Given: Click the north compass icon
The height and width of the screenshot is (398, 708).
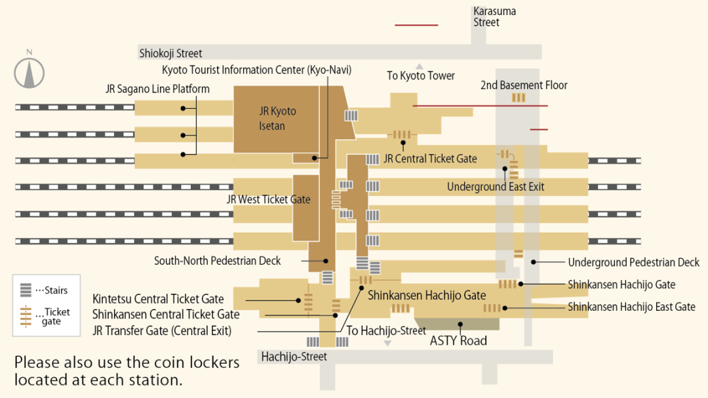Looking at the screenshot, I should click(x=29, y=72).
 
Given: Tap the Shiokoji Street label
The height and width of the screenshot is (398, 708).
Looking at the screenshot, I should click(x=170, y=53).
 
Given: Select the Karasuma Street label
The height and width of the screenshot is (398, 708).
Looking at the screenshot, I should click(x=494, y=17).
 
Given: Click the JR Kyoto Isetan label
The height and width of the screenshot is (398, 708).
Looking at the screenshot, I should click(x=277, y=119).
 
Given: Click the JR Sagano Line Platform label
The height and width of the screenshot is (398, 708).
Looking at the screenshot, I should click(x=157, y=89).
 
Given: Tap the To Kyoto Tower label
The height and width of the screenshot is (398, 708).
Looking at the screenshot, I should click(x=420, y=75).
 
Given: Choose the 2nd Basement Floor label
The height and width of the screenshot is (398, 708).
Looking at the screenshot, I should click(x=524, y=85).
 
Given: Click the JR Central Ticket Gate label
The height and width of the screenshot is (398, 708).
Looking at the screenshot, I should click(x=430, y=159).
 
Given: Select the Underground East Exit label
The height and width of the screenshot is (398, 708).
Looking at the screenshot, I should click(x=496, y=187).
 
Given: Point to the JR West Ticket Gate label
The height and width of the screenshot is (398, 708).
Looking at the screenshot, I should click(x=268, y=199).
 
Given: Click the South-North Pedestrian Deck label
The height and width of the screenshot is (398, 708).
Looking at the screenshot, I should click(x=217, y=261).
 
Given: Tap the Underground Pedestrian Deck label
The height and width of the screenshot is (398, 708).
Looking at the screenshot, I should click(x=633, y=262).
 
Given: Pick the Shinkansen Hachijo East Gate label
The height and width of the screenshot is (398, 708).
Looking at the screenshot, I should click(x=631, y=307).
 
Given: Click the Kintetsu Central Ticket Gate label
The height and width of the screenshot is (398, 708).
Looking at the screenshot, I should click(x=158, y=299).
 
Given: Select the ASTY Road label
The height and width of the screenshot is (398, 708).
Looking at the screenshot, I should click(x=458, y=340).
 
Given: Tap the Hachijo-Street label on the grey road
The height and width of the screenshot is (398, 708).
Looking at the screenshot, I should click(x=294, y=357).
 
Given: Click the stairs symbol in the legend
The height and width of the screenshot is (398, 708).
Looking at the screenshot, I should click(x=26, y=290).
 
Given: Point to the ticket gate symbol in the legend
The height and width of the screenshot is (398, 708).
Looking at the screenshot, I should click(x=26, y=316).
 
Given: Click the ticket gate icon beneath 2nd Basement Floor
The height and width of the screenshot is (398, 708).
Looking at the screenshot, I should click(x=519, y=98).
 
